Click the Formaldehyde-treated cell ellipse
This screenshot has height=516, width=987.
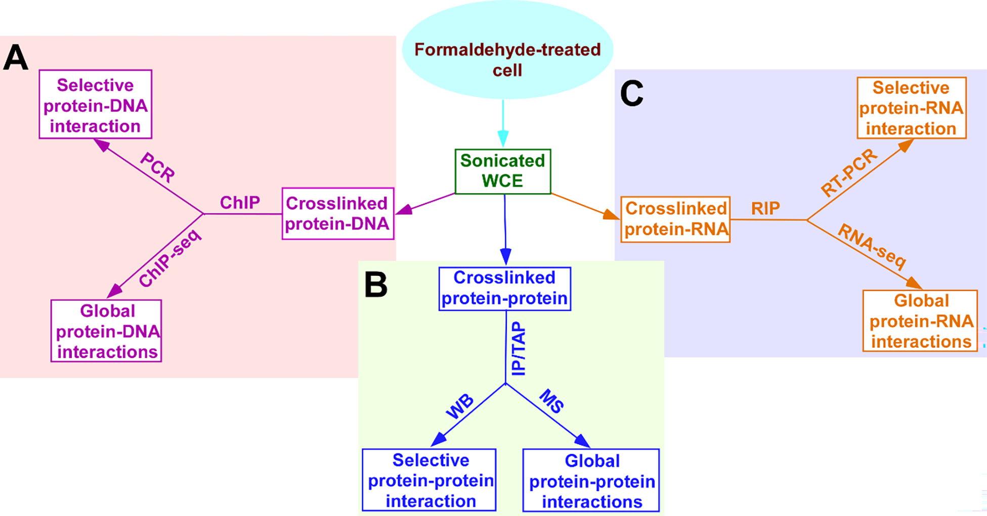click(507, 51)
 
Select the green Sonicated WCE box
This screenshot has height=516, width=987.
click(502, 171)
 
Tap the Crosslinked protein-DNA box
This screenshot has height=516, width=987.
click(337, 214)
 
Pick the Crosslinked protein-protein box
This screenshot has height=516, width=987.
click(504, 289)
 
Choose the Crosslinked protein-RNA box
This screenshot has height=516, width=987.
click(675, 219)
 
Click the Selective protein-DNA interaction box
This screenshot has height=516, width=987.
click(96, 105)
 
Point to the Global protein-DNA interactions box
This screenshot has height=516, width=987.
click(106, 331)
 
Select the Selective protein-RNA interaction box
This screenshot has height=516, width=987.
click(912, 108)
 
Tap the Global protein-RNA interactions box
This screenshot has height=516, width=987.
click(920, 321)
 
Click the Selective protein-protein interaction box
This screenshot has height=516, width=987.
click(429, 480)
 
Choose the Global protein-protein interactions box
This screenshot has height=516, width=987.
click(591, 481)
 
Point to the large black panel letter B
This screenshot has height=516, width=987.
click(375, 285)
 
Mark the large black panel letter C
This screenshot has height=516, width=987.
click(631, 93)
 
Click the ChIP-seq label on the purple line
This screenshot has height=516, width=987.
click(170, 258)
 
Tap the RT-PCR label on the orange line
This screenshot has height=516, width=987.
click(849, 173)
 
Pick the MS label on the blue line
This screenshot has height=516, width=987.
click(551, 401)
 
